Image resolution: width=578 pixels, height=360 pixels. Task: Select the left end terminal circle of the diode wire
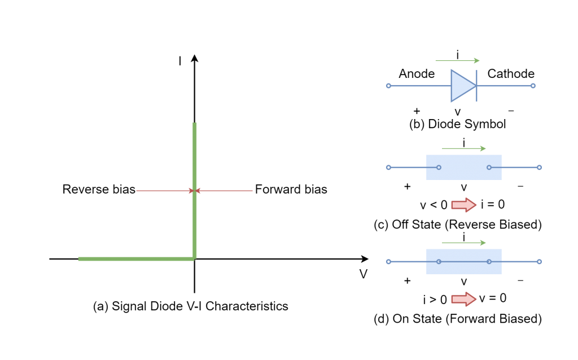click(x=388, y=86)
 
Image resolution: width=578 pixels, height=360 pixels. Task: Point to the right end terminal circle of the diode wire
click(x=533, y=86)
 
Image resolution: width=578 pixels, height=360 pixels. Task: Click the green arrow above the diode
click(x=457, y=60)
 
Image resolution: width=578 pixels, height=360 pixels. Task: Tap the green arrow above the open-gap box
click(x=463, y=148)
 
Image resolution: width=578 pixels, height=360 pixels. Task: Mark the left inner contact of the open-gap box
click(x=439, y=168)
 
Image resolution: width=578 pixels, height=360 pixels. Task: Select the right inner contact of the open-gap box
click(x=489, y=168)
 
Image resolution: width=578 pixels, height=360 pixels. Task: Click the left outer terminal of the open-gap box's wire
click(x=388, y=168)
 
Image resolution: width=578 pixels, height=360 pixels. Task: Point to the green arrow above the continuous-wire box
click(x=463, y=243)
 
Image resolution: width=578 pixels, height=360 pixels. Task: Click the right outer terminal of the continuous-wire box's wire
click(x=539, y=262)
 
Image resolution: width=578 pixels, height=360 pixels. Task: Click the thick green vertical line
click(x=195, y=158)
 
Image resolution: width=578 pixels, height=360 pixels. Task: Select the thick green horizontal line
click(x=135, y=259)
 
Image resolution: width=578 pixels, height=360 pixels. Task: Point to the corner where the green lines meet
click(x=195, y=258)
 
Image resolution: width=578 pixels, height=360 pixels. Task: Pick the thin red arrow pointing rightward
click(x=164, y=191)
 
